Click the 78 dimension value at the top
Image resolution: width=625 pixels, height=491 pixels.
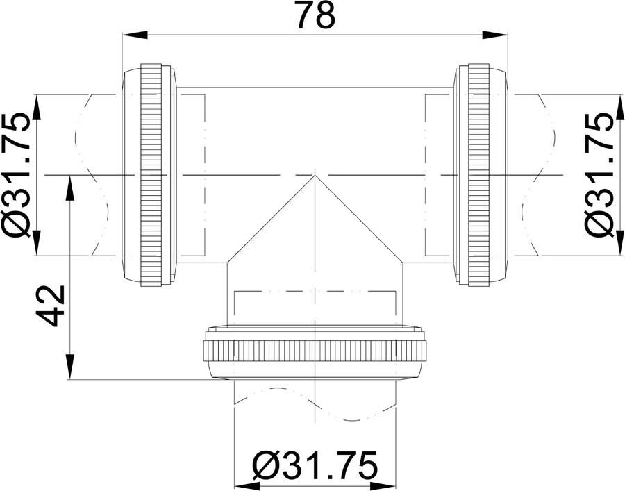pos(317,15)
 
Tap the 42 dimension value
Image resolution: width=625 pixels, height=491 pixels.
pos(51,306)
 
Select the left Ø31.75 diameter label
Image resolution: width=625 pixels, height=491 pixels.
pos(16,174)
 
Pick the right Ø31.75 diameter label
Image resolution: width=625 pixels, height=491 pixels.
pos(599,174)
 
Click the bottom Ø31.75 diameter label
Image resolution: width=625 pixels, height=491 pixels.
pos(315,465)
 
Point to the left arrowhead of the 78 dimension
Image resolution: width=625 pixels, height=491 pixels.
pos(134,35)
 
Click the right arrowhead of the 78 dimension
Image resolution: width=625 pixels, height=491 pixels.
pos(495,35)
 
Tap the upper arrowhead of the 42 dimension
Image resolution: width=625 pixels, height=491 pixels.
pos(70,188)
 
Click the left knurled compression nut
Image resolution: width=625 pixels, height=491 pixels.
pos(151,174)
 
